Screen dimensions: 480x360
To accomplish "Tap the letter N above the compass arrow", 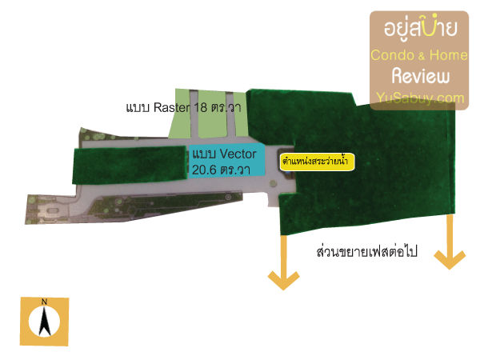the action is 44,302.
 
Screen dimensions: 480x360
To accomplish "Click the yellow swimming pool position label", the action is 317,162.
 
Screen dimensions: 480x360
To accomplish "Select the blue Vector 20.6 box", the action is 226,160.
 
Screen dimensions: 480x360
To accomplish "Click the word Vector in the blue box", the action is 238,154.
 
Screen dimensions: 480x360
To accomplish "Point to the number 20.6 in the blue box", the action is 204,170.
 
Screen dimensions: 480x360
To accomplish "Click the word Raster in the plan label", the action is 172,107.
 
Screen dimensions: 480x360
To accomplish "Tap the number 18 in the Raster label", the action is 200,107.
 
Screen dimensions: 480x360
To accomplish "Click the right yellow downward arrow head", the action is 450,259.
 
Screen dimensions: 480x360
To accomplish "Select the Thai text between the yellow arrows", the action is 366,252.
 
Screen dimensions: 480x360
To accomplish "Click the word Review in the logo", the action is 421,76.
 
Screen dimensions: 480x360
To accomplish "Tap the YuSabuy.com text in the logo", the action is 420,98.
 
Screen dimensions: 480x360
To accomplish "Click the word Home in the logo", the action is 448,55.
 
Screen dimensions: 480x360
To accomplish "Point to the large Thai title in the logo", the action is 421,29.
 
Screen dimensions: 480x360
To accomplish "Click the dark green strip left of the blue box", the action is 130,165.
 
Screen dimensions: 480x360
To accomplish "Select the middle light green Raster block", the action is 213,114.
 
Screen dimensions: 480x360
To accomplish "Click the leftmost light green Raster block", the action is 180,114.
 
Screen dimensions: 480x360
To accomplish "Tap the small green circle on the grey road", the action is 273,183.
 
